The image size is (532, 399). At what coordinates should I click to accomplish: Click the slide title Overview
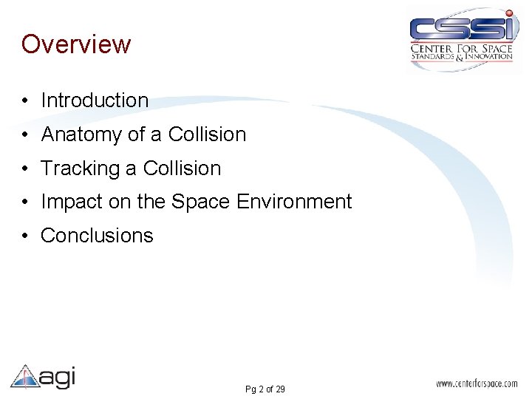click(x=76, y=44)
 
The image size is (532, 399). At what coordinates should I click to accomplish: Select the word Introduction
click(x=95, y=100)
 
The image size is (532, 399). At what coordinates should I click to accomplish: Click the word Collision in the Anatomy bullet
click(x=207, y=134)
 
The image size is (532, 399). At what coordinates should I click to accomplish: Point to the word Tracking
click(x=81, y=168)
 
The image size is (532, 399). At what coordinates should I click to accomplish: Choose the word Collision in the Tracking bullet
click(x=182, y=168)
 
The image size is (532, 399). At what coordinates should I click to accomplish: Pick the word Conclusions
click(x=97, y=236)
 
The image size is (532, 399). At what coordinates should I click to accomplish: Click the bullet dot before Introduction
click(x=26, y=101)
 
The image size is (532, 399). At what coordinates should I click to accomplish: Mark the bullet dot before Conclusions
click(x=26, y=236)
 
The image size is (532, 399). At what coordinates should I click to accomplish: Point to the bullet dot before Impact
click(x=26, y=202)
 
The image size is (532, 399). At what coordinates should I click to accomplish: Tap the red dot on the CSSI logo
click(x=508, y=14)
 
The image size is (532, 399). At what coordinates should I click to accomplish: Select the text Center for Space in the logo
click(x=461, y=50)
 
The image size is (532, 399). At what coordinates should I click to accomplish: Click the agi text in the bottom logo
click(x=57, y=377)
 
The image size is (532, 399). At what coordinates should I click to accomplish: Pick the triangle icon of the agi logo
click(x=24, y=376)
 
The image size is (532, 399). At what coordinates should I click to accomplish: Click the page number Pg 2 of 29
click(x=265, y=389)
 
